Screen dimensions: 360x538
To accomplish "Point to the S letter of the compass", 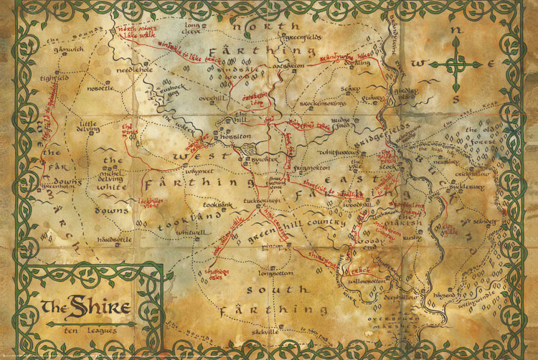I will click(456, 95).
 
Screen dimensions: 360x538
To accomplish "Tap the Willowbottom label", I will click(367, 283).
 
